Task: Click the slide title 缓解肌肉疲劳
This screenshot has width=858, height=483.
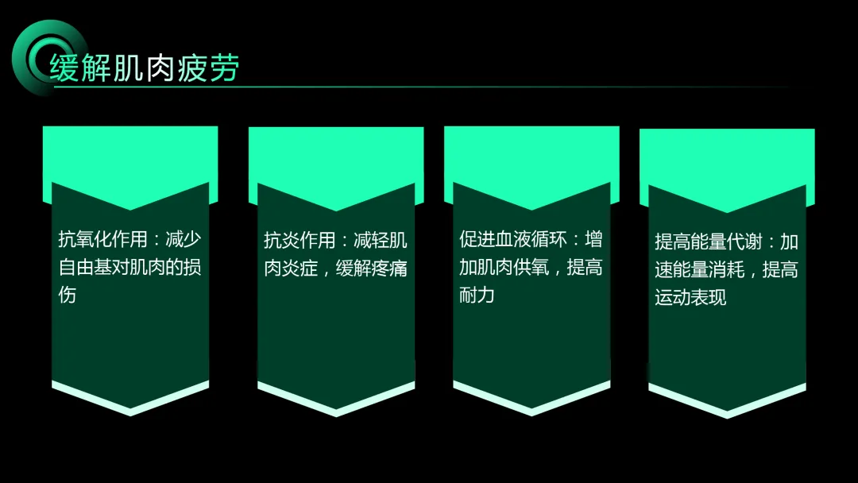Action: [144, 68]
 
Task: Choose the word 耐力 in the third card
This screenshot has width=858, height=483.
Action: [477, 296]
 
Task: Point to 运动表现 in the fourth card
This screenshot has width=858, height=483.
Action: [690, 298]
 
